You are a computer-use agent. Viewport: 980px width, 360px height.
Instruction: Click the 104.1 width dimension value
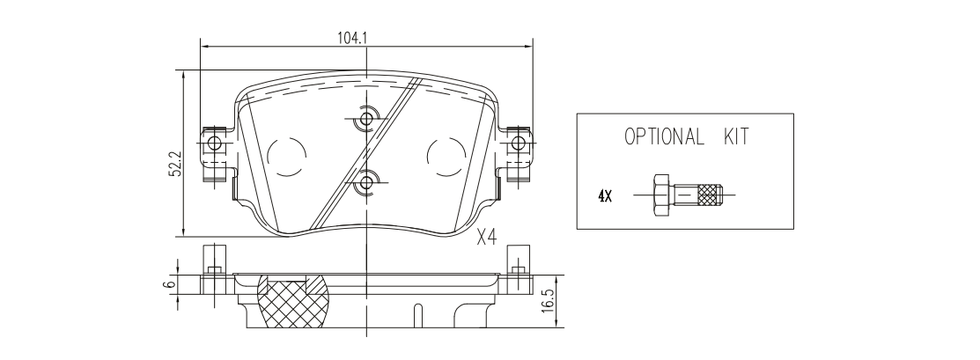coord(352,38)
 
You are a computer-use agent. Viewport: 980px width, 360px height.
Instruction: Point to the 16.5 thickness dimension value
coord(549,301)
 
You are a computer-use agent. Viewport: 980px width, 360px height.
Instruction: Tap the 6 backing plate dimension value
coord(167,283)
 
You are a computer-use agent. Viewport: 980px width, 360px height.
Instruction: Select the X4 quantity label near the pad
coord(486,238)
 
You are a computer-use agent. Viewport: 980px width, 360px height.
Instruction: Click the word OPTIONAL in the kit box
coord(664,136)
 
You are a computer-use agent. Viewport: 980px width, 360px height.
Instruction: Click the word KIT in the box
coord(735,136)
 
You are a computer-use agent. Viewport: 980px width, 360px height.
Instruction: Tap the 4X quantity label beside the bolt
coord(604,196)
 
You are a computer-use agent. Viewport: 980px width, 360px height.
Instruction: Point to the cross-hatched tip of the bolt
coord(710,195)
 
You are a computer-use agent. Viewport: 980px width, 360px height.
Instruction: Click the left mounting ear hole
coord(214,143)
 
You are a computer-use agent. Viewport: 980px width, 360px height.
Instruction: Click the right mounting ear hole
coord(518,143)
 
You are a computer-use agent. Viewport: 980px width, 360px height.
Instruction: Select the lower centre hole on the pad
coord(366,182)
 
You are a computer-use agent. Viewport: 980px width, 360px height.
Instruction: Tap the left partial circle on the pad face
coord(287,156)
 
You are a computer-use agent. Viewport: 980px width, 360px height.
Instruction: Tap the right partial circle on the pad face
coord(446,156)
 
